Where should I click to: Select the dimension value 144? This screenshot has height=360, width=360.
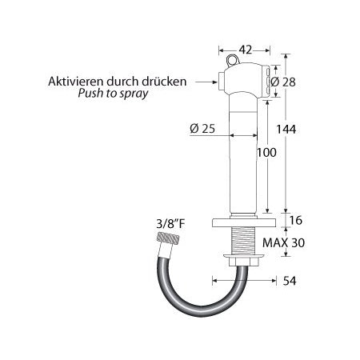coord(298,129)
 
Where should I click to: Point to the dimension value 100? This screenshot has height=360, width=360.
coord(266,151)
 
